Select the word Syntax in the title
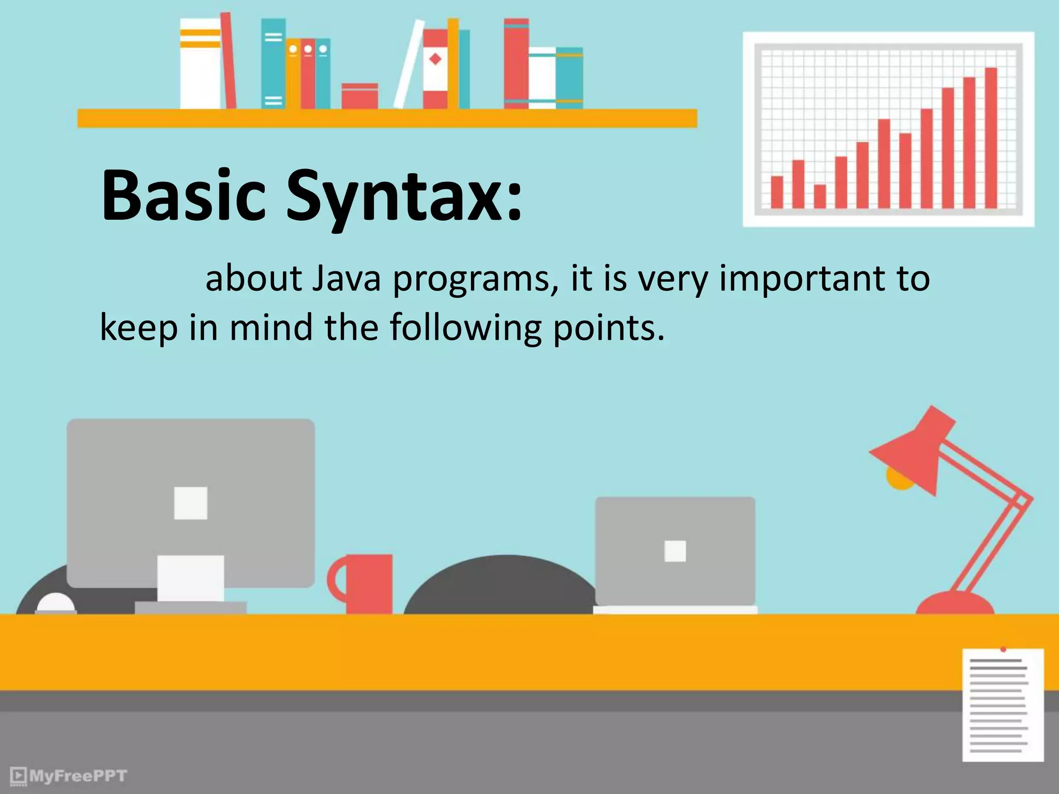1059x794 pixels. pos(403,199)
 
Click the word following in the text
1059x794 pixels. pos(465,328)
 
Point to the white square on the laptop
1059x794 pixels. pos(675,551)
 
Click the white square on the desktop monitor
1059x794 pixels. pos(191,503)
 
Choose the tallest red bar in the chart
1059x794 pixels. pos(991,138)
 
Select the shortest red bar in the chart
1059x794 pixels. pos(820,196)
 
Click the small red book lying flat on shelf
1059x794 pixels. pos(359,96)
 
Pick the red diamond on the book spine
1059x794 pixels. pos(435,59)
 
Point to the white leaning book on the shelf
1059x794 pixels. pos(409,65)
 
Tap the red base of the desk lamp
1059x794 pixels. pos(955,604)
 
